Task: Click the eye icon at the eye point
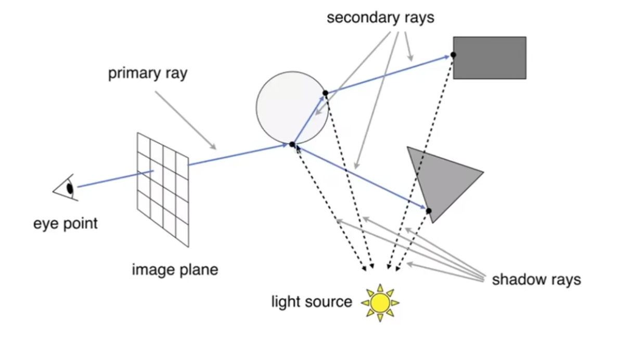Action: pos(67,188)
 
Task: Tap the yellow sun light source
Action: pos(380,302)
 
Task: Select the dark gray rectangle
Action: pos(490,58)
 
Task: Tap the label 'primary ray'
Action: pos(147,73)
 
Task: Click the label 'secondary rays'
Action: pos(380,18)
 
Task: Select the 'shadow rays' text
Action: pos(536,279)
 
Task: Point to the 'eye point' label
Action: pos(66,224)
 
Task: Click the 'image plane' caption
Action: pos(175,270)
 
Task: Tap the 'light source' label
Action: pos(312,302)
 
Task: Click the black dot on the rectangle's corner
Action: pos(453,55)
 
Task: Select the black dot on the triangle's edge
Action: pos(429,211)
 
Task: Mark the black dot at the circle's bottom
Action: pos(292,144)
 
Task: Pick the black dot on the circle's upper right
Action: pos(326,93)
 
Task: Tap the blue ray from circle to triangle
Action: pos(359,177)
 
